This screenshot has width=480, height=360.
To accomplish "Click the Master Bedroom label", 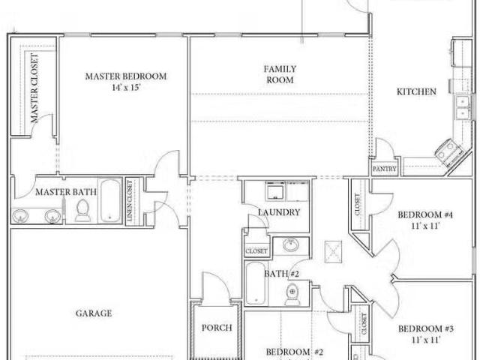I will tap(125, 76).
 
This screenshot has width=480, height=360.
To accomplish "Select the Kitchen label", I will tap(416, 92).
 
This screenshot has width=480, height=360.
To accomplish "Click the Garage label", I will tap(94, 313).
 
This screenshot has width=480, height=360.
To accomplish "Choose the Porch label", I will tap(217, 328).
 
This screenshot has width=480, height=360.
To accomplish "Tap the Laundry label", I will tap(279, 212).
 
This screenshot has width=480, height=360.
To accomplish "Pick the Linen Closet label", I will tap(130, 200).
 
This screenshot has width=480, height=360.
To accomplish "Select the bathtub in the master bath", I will tap(109, 202).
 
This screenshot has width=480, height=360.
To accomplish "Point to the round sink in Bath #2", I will tap(289, 246).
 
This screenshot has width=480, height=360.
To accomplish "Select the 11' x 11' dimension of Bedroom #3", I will tap(425, 340).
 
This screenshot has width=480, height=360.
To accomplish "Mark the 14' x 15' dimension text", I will tap(125, 88).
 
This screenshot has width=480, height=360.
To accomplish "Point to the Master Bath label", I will tap(66, 192).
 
